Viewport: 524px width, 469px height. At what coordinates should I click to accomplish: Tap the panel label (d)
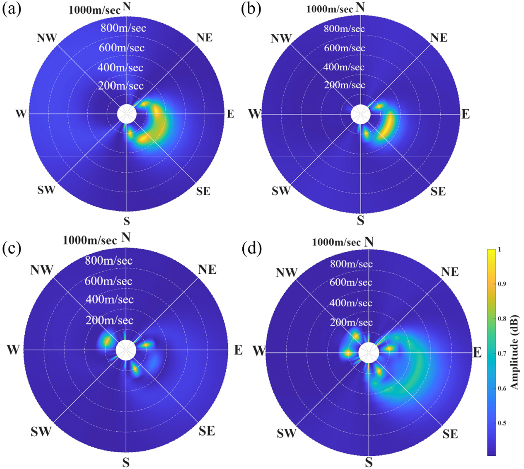click(x=251, y=249)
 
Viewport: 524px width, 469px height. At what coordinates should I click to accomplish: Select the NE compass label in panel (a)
click(x=205, y=38)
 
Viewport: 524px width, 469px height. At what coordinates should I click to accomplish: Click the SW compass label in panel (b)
click(x=281, y=191)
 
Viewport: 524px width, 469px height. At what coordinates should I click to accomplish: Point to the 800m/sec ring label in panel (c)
click(x=109, y=261)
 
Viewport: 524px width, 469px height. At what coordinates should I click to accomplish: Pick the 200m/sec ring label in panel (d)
click(x=351, y=323)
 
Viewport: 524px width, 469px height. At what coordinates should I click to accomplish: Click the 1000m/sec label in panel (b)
click(x=330, y=9)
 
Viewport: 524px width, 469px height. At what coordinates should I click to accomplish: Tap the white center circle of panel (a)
click(x=127, y=114)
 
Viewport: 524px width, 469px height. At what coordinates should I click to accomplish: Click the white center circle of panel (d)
click(x=368, y=353)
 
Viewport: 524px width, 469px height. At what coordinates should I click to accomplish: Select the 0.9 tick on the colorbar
click(x=502, y=284)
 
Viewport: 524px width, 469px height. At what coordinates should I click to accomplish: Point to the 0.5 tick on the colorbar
click(x=502, y=423)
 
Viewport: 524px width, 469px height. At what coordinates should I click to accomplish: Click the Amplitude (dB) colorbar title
click(x=514, y=352)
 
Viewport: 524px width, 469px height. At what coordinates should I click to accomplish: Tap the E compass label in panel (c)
click(x=238, y=350)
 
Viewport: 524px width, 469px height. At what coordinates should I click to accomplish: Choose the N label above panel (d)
click(x=369, y=242)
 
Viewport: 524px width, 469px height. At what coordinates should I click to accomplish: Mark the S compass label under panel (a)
click(x=127, y=221)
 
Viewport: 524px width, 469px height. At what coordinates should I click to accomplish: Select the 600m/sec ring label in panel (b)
click(x=344, y=48)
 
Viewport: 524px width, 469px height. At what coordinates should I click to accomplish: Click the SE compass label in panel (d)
click(x=450, y=434)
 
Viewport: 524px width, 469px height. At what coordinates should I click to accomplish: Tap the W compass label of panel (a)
click(x=21, y=113)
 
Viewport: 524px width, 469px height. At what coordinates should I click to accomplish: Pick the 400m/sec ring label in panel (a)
click(x=120, y=68)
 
